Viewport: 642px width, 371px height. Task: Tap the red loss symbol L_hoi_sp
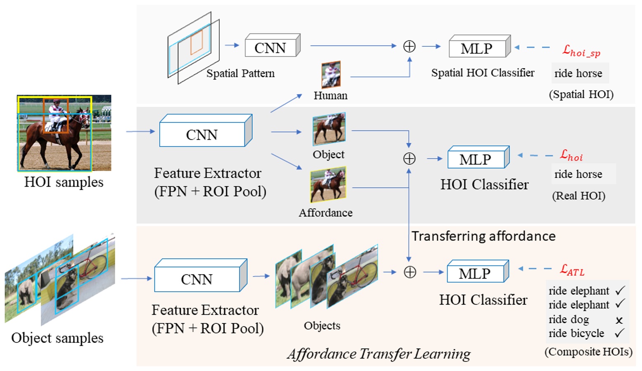coord(581,51)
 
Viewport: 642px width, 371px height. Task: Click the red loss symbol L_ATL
coord(572,270)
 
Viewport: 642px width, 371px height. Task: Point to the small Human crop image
coord(331,74)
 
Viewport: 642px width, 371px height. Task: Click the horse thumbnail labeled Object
coord(329,129)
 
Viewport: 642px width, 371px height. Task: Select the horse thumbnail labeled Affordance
coord(328,184)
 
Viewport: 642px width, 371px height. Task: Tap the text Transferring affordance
coord(483,236)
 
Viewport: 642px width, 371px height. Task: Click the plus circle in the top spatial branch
coord(409,46)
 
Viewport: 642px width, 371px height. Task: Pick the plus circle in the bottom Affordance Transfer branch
coord(410,272)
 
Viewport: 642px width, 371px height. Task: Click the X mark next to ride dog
coord(619,320)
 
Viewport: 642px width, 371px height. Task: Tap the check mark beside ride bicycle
coord(619,333)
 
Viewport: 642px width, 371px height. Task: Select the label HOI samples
coord(64,182)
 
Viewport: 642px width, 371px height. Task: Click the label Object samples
coord(57,338)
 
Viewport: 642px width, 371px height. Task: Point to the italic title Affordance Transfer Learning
coord(379,354)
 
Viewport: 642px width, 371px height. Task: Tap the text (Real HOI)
coord(578,196)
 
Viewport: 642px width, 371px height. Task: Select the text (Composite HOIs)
coord(588,352)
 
